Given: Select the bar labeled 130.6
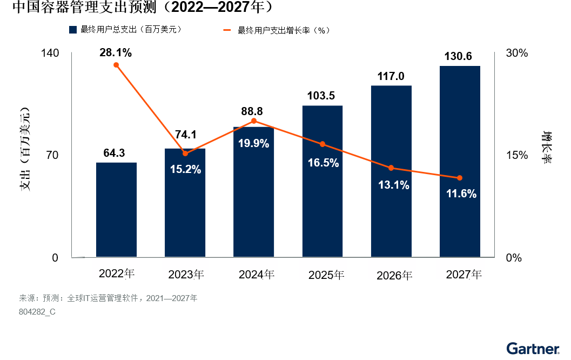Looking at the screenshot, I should pos(460,162).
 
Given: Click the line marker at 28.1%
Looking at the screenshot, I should pos(116,65).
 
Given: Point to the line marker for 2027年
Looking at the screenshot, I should pos(460,178).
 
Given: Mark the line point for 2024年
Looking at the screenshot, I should pos(254,121).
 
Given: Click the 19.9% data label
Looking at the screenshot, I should pos(254,143).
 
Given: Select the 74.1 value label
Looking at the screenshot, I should pos(185,135).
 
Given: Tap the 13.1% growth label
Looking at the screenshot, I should pos(393,185).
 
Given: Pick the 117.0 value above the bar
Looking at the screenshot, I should pos(391,76).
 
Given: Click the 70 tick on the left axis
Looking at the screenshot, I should pos(52,156).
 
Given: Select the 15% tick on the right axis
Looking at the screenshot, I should pos(516,156).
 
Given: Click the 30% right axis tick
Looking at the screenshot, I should pos(516,54).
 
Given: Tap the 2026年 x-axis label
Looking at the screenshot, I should pos(394,275).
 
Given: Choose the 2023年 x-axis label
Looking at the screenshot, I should pos(186,275).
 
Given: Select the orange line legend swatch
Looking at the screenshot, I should pos(228,30).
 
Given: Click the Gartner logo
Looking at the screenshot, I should pos(533,348).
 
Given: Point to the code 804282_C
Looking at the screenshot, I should pos(37,312).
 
